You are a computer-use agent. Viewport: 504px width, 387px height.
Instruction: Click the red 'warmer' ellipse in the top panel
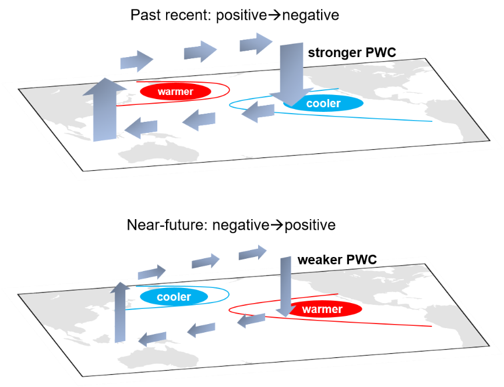tap(175, 92)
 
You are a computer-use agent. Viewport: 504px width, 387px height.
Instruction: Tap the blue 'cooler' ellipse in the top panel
tap(323, 103)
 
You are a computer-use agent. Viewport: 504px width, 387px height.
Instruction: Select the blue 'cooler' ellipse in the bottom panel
tap(174, 296)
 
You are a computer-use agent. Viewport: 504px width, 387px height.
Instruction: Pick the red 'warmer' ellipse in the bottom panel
tap(323, 309)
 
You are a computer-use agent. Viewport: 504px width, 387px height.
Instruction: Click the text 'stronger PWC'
tap(352, 52)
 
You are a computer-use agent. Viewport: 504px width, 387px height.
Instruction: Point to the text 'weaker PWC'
tap(337, 260)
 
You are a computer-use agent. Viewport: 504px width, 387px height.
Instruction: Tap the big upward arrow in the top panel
tap(104, 110)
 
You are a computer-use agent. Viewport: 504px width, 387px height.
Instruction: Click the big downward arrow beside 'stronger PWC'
tap(291, 74)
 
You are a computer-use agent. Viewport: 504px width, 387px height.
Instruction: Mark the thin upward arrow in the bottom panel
tap(120, 312)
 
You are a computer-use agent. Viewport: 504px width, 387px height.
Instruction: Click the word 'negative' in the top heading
tap(311, 15)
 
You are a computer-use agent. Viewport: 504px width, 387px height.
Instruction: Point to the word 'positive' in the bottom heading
tap(310, 225)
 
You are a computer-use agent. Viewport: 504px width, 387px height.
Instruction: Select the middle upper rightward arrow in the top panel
tap(200, 51)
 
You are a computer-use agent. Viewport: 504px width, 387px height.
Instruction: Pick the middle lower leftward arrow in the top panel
tap(199, 120)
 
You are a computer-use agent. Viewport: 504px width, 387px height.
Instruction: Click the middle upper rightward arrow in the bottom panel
tap(206, 261)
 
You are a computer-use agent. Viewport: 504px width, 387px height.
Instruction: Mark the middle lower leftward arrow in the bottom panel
tap(201, 330)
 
